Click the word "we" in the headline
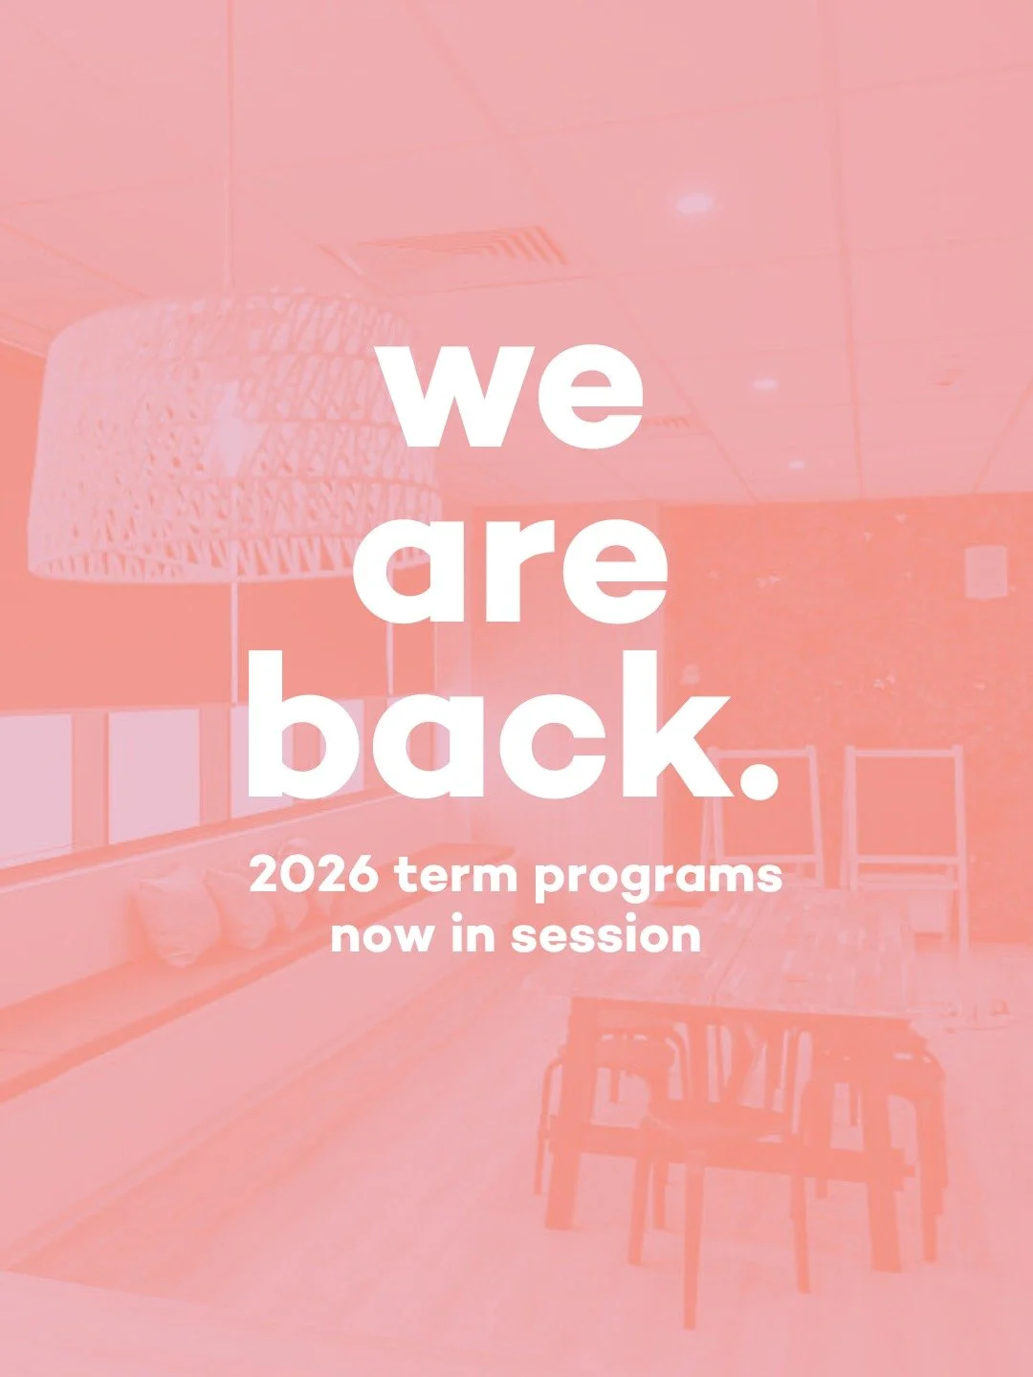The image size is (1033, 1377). coord(514,392)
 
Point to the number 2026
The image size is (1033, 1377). coord(313,875)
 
